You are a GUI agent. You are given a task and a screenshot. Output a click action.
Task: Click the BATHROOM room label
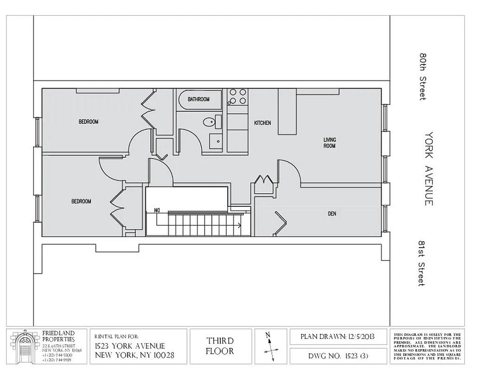point(198,99)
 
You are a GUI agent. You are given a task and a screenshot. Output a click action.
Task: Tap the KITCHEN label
point(262,123)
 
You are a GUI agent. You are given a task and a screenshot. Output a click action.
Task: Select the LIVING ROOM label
point(330,143)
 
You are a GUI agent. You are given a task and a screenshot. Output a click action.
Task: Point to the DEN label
point(332,214)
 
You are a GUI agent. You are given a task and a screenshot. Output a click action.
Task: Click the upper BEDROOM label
point(88,122)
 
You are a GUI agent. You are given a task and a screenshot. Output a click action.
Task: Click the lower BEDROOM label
point(81,202)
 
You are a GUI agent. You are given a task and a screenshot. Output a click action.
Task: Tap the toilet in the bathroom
point(210,122)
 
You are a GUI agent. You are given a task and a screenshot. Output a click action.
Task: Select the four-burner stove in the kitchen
point(237,96)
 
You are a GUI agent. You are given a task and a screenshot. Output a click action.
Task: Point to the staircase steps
point(204,224)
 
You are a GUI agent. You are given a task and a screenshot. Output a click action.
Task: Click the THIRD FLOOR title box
point(220,346)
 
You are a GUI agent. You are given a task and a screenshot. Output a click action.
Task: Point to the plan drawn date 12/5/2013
point(338,336)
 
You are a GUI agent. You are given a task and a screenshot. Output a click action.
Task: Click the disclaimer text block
point(427,346)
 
